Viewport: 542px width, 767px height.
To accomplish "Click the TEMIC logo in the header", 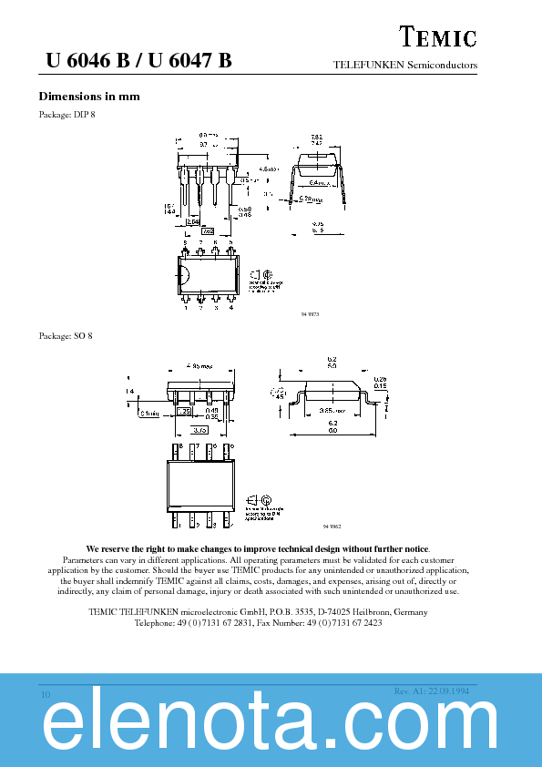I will (439, 37).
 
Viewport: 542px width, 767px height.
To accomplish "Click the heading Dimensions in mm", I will (89, 97).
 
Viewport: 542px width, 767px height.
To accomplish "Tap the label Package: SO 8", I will (66, 336).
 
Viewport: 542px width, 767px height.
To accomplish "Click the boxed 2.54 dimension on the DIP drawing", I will (193, 221).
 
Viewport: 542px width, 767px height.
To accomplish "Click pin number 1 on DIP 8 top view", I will (185, 308).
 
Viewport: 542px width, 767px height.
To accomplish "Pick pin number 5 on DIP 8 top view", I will (231, 242).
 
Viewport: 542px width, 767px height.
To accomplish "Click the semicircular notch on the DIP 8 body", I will (182, 275).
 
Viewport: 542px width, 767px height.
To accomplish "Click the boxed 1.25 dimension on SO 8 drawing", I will (182, 412).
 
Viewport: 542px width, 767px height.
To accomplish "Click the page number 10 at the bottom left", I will (45, 695).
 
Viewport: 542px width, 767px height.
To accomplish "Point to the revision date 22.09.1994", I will (453, 691).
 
